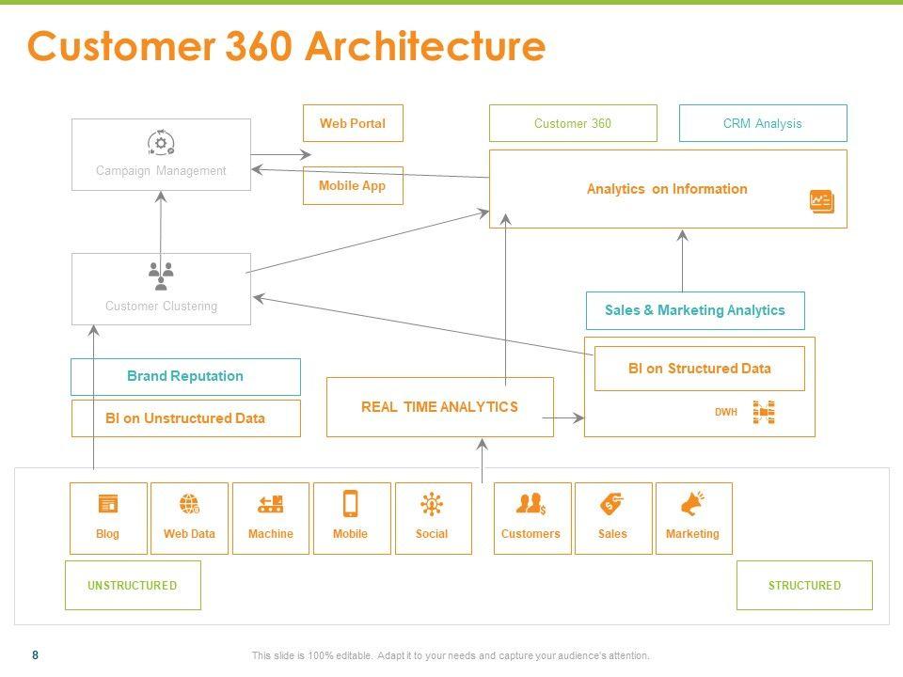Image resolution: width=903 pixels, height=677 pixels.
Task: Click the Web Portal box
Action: click(353, 123)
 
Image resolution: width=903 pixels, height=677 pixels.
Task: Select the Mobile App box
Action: click(353, 185)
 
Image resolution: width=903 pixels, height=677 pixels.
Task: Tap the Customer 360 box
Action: click(573, 123)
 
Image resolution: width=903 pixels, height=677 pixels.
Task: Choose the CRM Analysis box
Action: click(763, 123)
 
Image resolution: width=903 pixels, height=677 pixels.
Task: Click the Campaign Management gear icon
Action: click(161, 143)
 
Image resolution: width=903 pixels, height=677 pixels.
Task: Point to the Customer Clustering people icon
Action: click(161, 276)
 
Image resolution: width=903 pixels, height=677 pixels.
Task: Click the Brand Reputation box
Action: click(185, 376)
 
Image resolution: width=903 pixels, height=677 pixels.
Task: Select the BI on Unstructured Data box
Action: click(185, 418)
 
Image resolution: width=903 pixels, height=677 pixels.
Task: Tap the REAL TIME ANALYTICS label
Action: click(439, 407)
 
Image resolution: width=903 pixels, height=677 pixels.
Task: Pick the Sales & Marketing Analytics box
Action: click(695, 310)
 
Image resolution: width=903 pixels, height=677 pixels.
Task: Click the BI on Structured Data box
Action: click(699, 369)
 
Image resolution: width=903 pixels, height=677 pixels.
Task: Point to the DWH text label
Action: click(726, 412)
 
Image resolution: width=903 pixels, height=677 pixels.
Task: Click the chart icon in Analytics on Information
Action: click(821, 201)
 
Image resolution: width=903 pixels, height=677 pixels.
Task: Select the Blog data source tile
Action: click(108, 518)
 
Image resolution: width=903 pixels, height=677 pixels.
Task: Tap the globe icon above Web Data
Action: click(189, 505)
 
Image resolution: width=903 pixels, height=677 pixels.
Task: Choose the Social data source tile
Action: click(433, 518)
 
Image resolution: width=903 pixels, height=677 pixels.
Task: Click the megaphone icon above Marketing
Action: click(692, 505)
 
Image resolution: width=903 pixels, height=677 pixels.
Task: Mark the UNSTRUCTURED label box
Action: click(133, 585)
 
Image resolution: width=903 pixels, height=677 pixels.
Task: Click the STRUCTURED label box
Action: click(804, 585)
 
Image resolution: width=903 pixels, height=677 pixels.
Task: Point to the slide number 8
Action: click(36, 655)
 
